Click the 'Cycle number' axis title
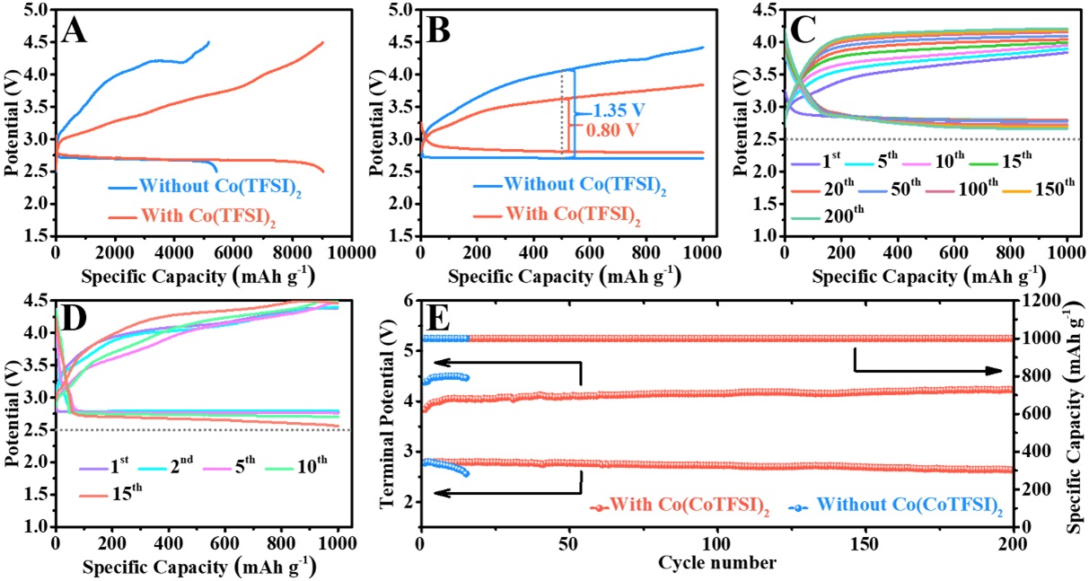pos(716,564)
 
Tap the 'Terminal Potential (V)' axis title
pos(388,413)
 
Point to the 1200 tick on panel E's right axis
pos(1035,301)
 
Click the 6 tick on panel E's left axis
pos(409,301)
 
